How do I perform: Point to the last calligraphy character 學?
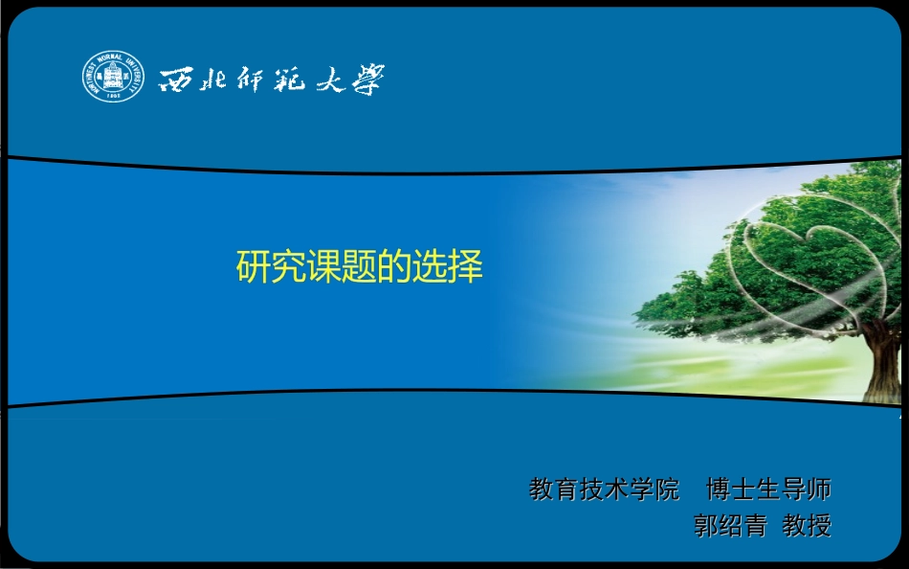[366, 79]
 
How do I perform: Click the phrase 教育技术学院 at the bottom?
[604, 489]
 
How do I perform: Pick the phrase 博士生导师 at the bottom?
[768, 489]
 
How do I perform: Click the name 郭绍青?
[731, 525]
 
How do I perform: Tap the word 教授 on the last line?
[807, 525]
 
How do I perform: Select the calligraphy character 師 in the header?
[251, 79]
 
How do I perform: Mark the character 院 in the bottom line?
[667, 489]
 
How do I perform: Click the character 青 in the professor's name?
[756, 525]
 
